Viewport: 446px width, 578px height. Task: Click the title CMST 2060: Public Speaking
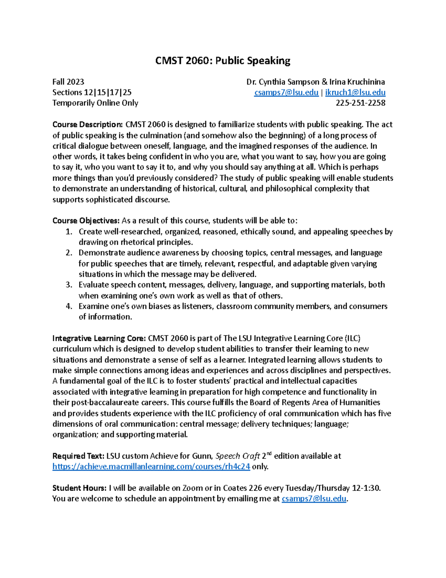pos(223,61)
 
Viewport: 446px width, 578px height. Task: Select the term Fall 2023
pos(68,82)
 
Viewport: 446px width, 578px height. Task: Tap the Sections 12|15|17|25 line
pos(92,92)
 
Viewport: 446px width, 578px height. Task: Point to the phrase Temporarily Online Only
pos(95,103)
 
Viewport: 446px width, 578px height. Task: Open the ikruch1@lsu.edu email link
pos(355,92)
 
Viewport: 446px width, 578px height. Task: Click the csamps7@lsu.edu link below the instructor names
pos(286,92)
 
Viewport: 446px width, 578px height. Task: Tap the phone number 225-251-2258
pos(360,103)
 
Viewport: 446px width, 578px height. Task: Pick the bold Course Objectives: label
pos(86,221)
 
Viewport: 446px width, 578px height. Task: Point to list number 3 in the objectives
pos(69,285)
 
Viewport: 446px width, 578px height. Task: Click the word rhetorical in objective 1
pos(138,242)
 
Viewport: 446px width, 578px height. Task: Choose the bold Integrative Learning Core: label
pos(99,338)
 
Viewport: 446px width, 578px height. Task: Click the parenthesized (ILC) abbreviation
pos(352,338)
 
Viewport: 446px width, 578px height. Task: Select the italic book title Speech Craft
pos(237,456)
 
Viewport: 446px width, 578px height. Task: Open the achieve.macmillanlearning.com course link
pos(151,467)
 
